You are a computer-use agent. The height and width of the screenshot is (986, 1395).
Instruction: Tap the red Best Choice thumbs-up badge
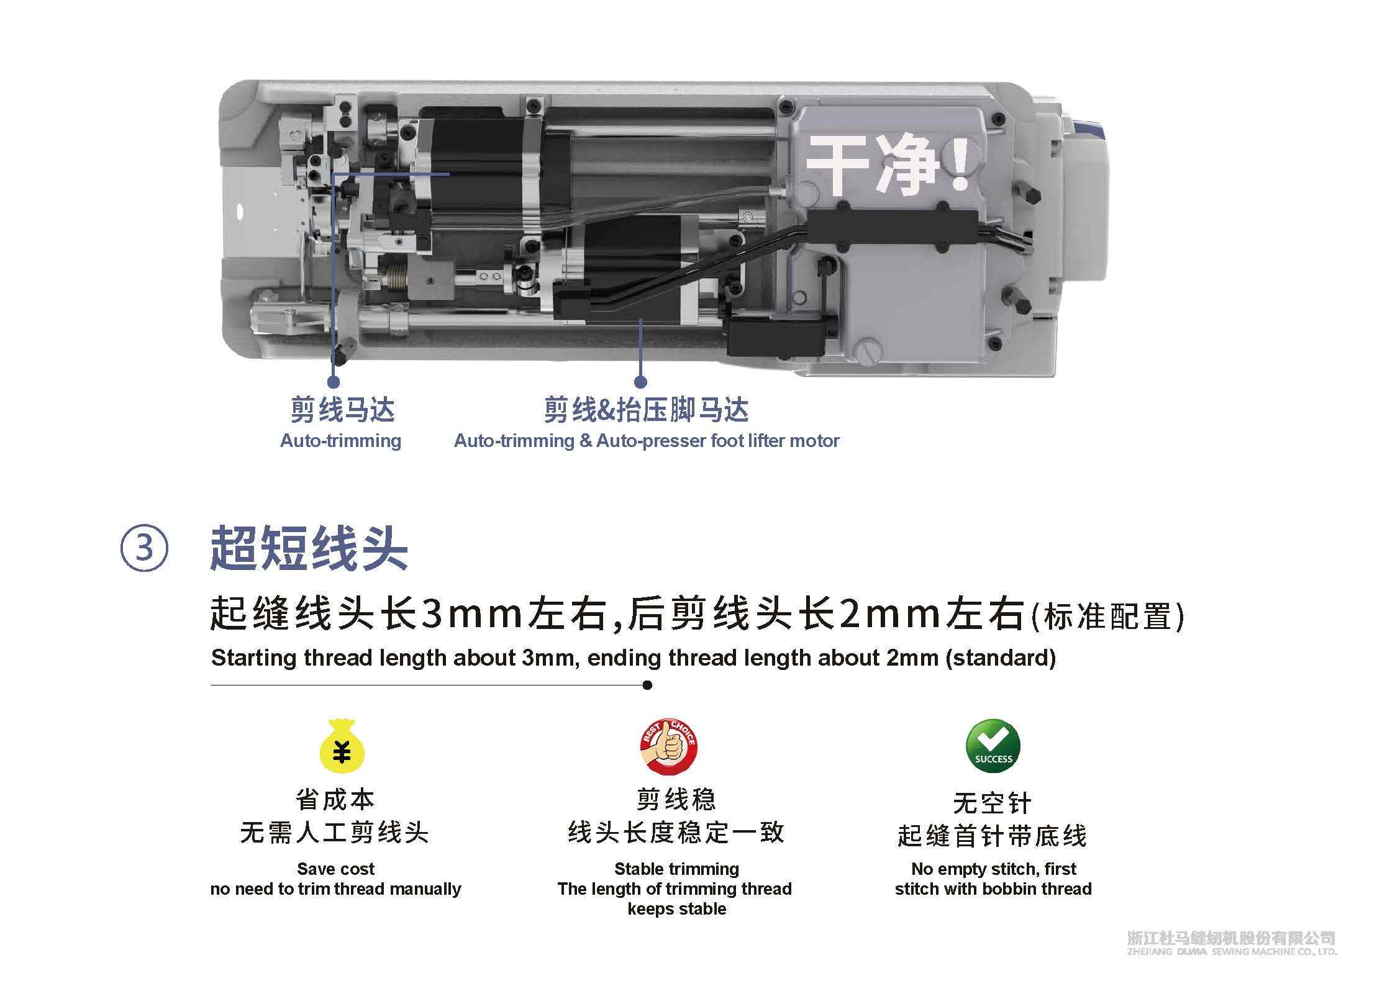(669, 746)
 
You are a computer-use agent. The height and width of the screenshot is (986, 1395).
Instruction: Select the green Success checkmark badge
(993, 746)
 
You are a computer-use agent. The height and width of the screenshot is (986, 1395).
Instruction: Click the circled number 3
(143, 548)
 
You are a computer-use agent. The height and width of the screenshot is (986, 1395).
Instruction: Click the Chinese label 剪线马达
(342, 410)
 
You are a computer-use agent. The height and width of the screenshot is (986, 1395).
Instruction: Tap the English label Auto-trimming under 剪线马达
(340, 441)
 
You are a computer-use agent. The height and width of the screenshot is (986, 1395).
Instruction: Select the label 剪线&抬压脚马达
(646, 410)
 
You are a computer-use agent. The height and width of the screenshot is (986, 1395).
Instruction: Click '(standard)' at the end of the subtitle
(1001, 658)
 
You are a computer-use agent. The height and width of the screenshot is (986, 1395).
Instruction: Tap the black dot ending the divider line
(647, 685)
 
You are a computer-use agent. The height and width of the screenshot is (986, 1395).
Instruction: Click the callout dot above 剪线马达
(334, 382)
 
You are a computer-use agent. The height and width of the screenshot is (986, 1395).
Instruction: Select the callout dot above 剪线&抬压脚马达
(640, 382)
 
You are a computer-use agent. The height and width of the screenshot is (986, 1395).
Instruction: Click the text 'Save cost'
(335, 869)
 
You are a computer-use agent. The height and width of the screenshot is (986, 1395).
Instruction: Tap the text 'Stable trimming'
(676, 869)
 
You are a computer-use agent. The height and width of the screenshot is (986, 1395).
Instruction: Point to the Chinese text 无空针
(993, 803)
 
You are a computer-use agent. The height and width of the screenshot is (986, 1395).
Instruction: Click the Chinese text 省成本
(335, 800)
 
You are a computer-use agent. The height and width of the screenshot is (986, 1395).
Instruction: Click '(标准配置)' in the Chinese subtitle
(1107, 616)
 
